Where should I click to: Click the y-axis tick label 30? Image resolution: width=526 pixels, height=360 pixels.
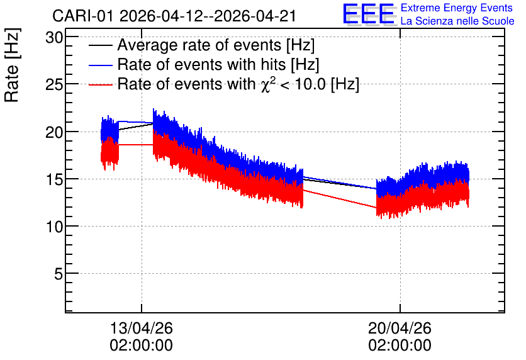pos(54,38)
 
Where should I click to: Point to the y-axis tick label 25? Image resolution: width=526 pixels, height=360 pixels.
pos(54,85)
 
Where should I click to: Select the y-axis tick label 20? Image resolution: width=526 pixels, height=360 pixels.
pos(54,132)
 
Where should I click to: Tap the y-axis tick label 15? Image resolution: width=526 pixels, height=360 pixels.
pos(54,179)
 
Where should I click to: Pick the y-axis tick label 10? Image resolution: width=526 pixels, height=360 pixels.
pos(54,227)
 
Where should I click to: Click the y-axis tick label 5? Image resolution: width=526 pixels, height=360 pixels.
pos(59,274)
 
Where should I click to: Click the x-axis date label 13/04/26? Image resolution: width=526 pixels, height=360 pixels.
pos(141,328)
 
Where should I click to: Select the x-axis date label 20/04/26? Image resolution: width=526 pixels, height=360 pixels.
pos(400,328)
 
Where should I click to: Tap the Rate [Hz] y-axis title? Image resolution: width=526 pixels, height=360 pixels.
pos(12,65)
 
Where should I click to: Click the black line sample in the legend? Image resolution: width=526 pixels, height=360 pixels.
pos(100,45)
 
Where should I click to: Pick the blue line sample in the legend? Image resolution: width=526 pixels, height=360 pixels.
pos(100,65)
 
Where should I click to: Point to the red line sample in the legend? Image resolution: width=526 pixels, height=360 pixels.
pos(100,84)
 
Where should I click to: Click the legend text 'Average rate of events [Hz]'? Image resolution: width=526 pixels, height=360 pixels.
pos(216,45)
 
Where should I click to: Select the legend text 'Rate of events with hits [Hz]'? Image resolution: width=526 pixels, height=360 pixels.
pos(218,64)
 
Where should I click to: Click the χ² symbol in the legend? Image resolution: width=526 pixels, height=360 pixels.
pos(268,84)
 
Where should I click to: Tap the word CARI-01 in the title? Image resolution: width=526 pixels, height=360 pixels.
pos(83,16)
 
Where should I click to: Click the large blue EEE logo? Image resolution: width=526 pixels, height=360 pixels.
pos(369,14)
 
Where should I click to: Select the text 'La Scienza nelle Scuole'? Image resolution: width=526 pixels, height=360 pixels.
pos(457,21)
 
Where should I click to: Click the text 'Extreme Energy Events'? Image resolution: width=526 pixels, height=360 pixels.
pos(457,8)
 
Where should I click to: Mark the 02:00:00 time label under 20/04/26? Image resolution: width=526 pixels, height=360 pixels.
pos(400,346)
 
